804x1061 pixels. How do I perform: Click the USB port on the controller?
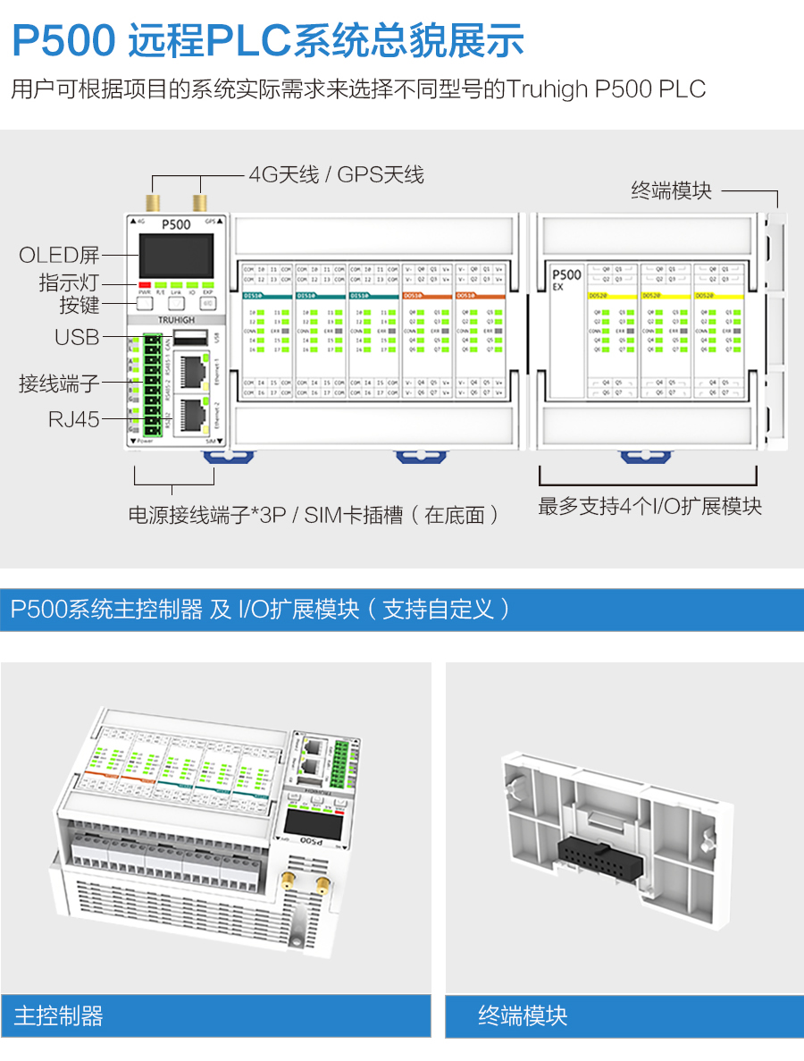click(187, 337)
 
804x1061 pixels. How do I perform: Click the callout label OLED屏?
click(59, 256)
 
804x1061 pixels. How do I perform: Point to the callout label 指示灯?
click(69, 282)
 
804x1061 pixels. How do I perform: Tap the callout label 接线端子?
click(59, 384)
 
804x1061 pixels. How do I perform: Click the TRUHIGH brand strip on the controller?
click(175, 319)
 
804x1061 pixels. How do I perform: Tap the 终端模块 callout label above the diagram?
click(671, 189)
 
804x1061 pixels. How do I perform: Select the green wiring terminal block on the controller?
click(152, 387)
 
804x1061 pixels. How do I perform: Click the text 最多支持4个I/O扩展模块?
click(649, 506)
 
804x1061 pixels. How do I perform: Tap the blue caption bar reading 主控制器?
click(215, 1015)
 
